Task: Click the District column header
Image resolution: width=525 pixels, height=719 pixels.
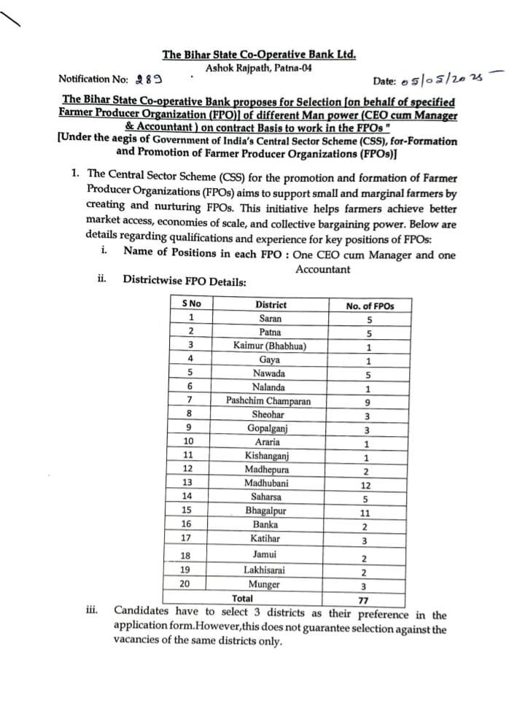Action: (x=271, y=305)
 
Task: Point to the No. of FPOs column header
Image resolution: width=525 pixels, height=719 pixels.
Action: (x=369, y=306)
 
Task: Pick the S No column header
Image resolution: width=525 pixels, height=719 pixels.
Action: (x=192, y=304)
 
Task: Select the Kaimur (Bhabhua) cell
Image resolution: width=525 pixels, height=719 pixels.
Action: (x=270, y=346)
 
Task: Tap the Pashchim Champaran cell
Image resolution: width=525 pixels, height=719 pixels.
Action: (x=269, y=401)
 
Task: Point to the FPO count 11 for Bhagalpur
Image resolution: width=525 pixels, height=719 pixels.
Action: (x=366, y=513)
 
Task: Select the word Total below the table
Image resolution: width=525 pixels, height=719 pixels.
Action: (x=243, y=599)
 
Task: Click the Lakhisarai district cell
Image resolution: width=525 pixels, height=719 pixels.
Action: (x=265, y=570)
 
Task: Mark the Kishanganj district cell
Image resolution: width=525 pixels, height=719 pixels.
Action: (x=267, y=456)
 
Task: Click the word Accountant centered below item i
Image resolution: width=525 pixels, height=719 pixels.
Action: (x=322, y=269)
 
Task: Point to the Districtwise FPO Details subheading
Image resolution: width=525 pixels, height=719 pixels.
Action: (x=184, y=280)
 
